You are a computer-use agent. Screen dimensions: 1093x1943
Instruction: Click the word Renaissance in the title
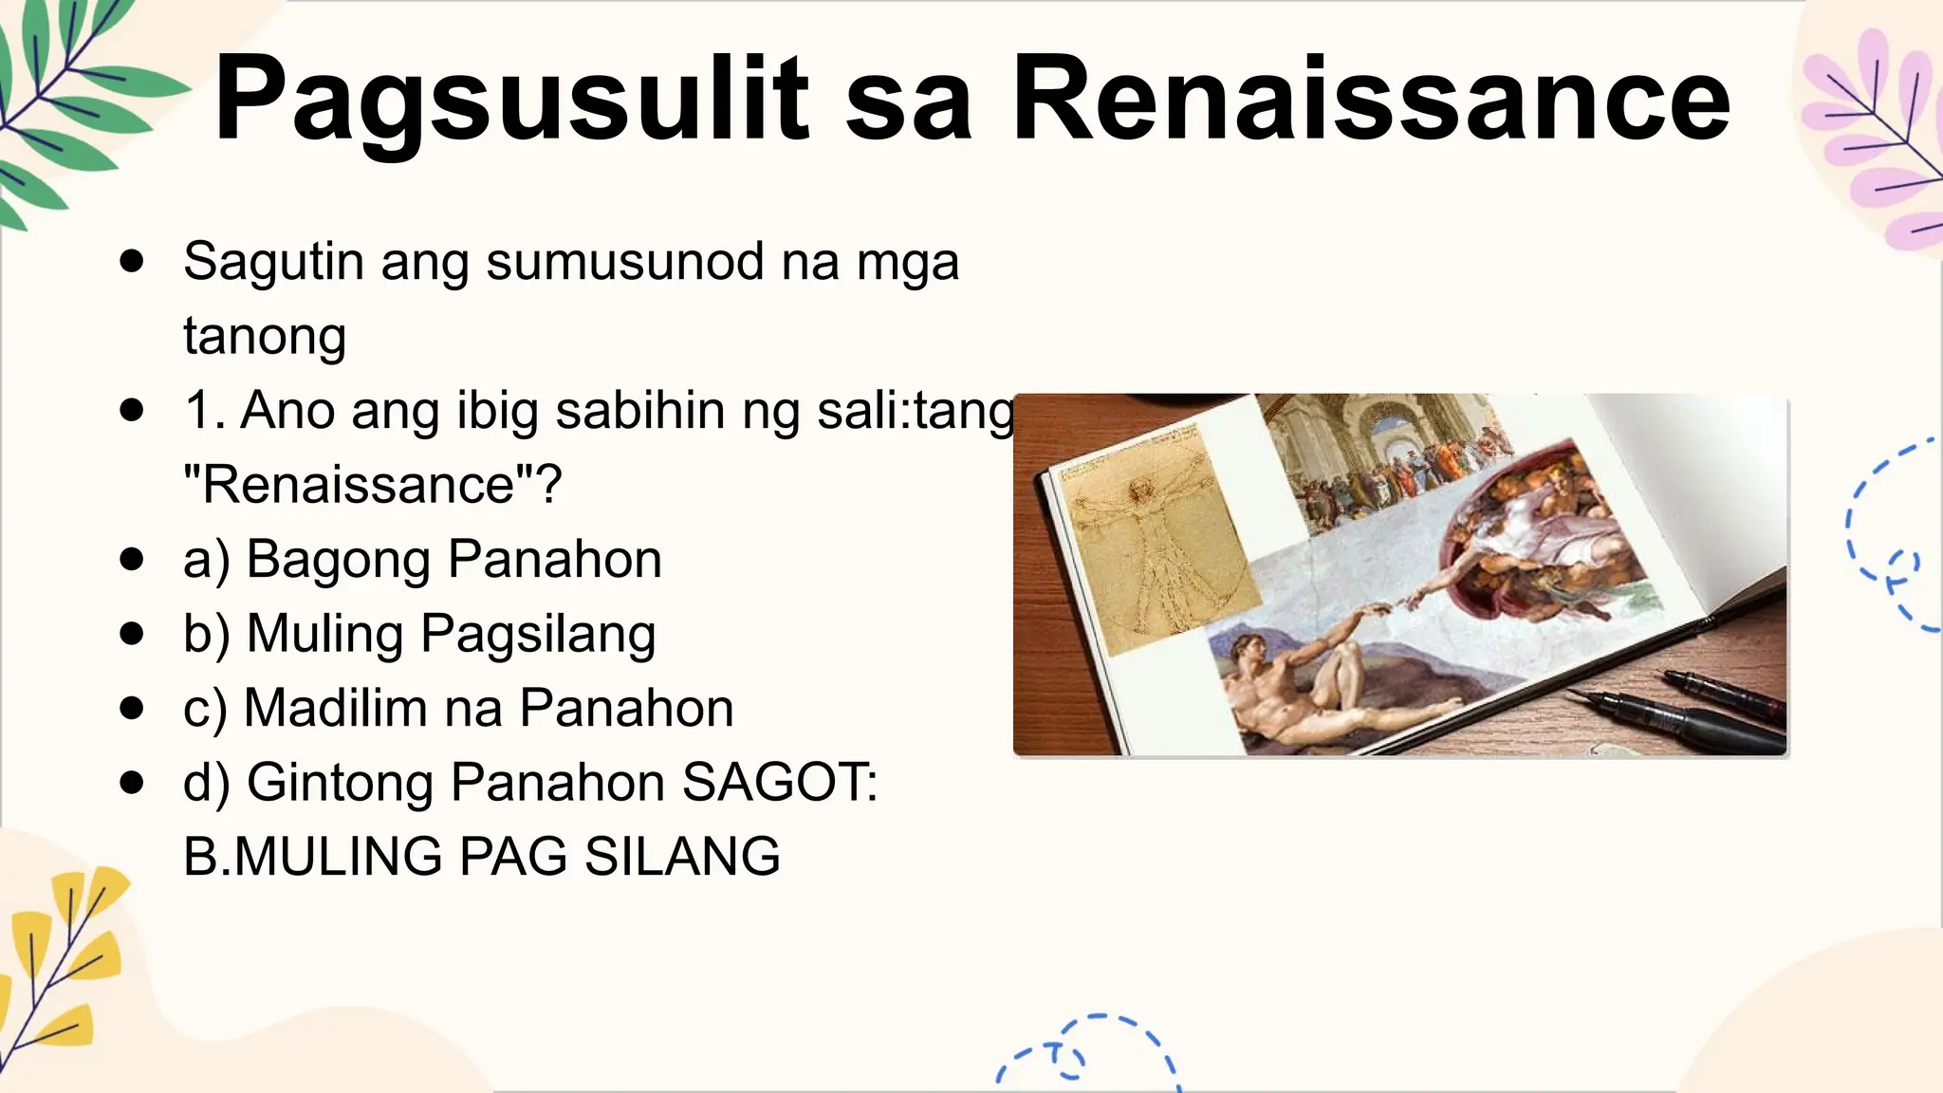point(1371,100)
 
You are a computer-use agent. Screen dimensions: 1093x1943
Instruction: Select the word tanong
point(265,336)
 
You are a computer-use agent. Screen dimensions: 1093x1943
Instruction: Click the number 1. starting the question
point(204,411)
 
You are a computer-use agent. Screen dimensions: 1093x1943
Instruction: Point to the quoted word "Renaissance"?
point(372,485)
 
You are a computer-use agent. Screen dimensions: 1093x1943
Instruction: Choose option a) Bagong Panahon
point(422,559)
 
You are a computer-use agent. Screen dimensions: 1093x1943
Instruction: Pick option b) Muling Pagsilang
point(419,634)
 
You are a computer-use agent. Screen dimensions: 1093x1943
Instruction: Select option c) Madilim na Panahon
point(458,708)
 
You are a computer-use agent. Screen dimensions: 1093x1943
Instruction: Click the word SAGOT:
point(780,783)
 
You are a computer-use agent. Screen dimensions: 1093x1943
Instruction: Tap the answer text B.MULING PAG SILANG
point(481,857)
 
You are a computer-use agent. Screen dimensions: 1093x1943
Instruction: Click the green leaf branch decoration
point(66,104)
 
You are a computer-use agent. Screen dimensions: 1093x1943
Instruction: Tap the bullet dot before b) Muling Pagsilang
point(132,634)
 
